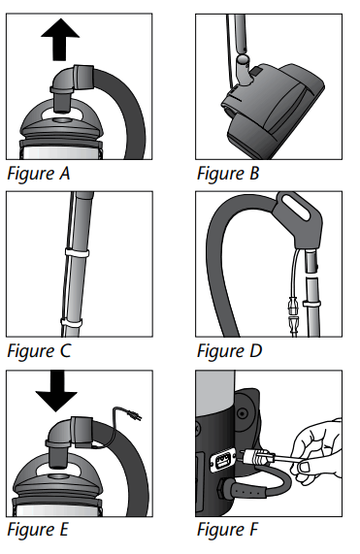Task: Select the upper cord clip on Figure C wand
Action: pyautogui.click(x=75, y=252)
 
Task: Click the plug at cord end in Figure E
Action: pyautogui.click(x=137, y=417)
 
